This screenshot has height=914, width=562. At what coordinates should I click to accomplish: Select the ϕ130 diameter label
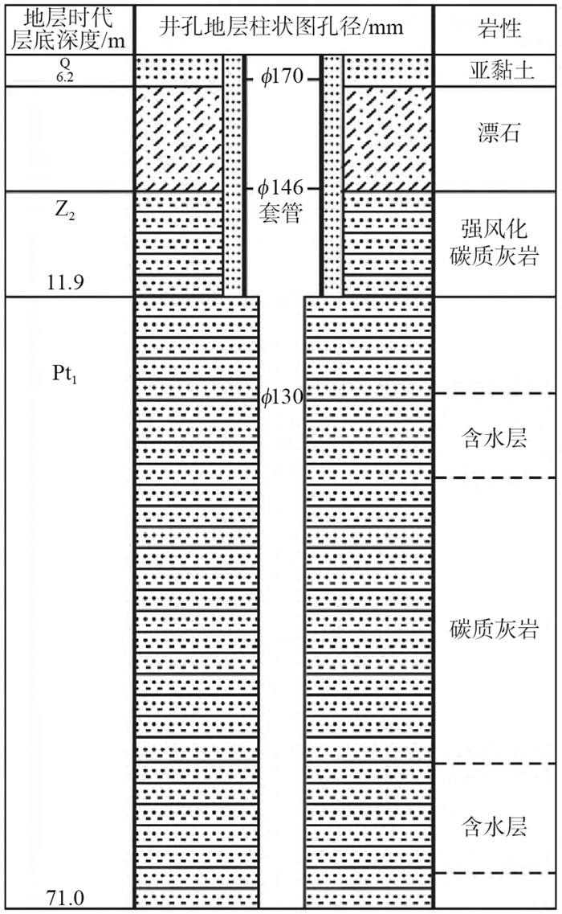coord(282,396)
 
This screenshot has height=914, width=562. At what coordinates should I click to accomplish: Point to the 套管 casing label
coord(281,215)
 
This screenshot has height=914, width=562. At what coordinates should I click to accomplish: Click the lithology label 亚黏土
coord(495,71)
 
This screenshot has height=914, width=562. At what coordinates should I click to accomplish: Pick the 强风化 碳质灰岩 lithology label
coord(495,242)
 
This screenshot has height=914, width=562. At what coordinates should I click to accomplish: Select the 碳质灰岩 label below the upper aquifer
coord(495,629)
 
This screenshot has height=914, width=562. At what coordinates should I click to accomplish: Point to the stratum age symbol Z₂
coord(67,213)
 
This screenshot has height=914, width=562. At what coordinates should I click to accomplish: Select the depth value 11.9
coord(67,281)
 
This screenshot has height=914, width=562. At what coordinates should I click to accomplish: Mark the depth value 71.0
coord(67,896)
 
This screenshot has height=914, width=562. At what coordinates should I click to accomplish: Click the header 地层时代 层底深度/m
coord(67,29)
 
